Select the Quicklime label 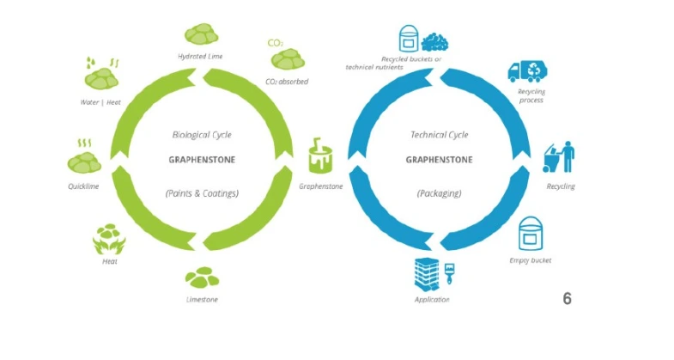click(x=82, y=185)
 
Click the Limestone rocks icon click(x=202, y=277)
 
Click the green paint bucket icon click(x=321, y=158)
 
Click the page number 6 click(x=567, y=299)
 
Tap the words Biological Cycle click(x=202, y=135)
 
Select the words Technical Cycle click(x=439, y=135)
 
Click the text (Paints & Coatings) click(x=202, y=193)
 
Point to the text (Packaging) click(x=439, y=193)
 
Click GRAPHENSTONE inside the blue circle click(x=439, y=159)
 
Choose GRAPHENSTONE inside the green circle click(x=202, y=159)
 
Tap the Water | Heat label click(x=100, y=103)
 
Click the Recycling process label click(x=531, y=96)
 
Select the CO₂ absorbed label click(x=287, y=82)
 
